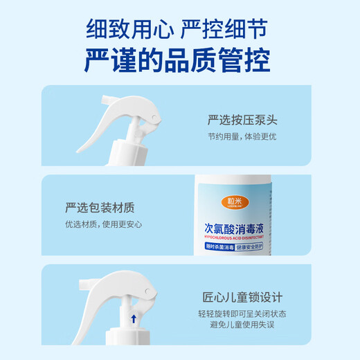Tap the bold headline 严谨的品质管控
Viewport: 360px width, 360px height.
(178, 61)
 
